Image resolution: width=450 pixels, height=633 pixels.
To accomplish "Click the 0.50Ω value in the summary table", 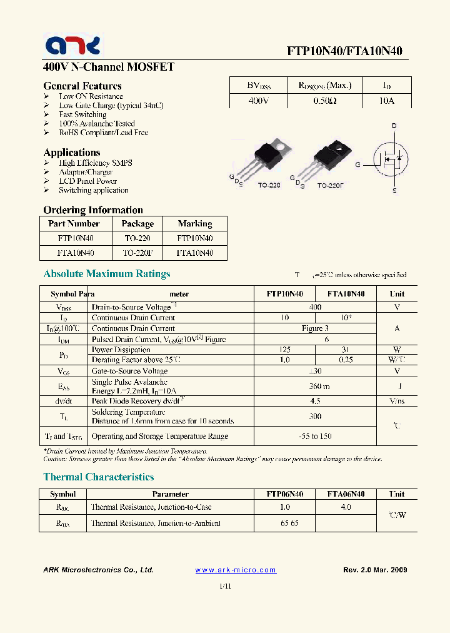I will pos(323,101).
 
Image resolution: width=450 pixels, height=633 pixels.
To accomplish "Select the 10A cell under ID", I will pos(386,101).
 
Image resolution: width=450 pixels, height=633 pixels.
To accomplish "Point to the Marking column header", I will pos(195,223).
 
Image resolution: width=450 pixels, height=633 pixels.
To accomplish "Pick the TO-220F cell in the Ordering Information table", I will pos(137,253).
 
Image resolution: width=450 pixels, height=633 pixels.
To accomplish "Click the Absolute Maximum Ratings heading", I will pos(106,273).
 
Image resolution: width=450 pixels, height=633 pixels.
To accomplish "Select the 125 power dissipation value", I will pos(285,350).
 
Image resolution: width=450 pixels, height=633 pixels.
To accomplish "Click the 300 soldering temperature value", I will pos(315,416).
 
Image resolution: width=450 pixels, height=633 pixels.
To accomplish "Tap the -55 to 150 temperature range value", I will pos(315,436).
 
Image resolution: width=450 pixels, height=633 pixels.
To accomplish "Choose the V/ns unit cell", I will pos(397,401).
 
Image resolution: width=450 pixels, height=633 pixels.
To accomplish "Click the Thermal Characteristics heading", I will pos(98,477).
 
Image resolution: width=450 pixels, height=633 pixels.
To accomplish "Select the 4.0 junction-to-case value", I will pos(346,507).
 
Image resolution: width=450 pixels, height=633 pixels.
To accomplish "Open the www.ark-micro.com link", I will pos(236,570).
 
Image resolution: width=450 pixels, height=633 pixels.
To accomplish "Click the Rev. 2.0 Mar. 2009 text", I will pos(375,570).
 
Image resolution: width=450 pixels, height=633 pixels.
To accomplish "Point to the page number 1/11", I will pos(225,586).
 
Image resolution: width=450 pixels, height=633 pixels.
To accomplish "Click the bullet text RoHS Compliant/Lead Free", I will pos(103,133).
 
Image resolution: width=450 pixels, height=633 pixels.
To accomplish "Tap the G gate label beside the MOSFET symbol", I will pos(358,165).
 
